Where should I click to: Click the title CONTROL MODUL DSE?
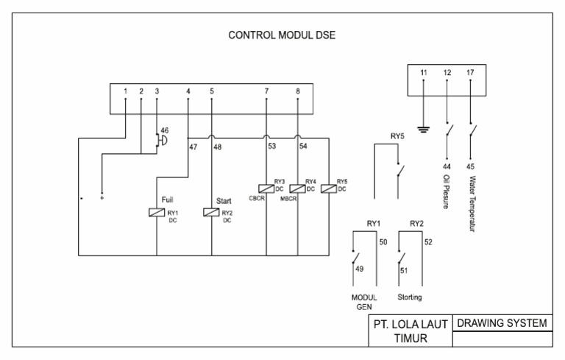tap(282, 35)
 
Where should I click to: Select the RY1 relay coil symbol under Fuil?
tap(156, 213)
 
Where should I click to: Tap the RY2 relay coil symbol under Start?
tap(211, 213)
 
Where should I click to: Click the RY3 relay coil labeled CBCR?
tap(266, 188)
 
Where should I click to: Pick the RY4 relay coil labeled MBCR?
tap(297, 188)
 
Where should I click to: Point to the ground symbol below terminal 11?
tap(423, 130)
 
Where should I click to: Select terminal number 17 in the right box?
tap(470, 73)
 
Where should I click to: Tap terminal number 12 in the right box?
tap(447, 73)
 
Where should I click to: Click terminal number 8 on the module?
tap(297, 91)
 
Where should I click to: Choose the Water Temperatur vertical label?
tap(470, 202)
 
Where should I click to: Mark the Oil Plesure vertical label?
tap(446, 191)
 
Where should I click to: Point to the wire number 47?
tap(193, 147)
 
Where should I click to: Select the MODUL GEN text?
tap(365, 303)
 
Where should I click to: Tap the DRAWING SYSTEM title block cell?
tap(502, 323)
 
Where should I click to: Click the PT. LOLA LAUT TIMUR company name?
tap(410, 331)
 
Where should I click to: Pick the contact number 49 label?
tap(360, 269)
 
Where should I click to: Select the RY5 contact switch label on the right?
tap(397, 136)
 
